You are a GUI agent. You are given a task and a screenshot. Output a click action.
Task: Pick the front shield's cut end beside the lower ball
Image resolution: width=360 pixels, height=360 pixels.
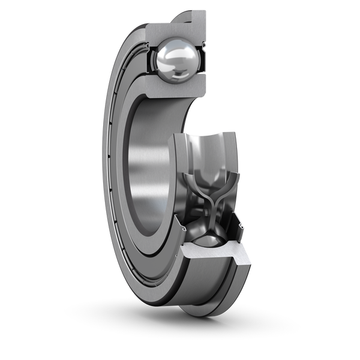tap(180, 231)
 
